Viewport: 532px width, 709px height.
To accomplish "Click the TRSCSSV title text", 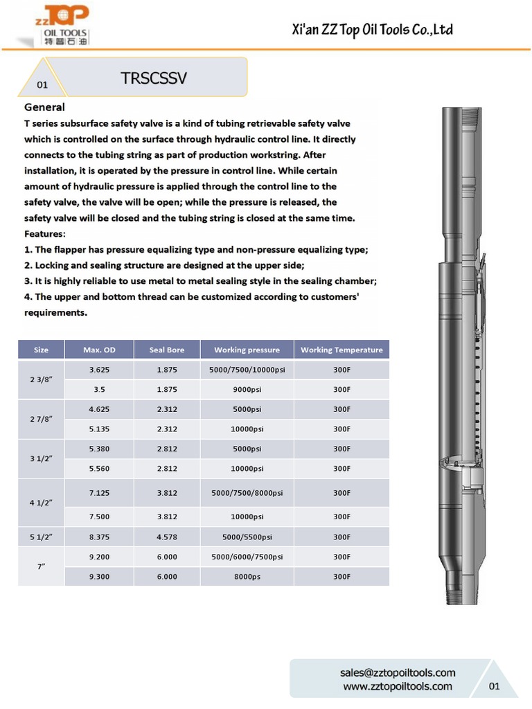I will [154, 78].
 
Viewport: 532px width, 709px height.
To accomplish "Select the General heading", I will [44, 107].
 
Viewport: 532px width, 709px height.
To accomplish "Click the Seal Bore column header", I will [167, 350].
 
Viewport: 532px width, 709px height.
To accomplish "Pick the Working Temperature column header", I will [342, 350].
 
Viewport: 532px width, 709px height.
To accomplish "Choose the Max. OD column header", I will [99, 350].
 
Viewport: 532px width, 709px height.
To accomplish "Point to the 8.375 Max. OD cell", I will [99, 537].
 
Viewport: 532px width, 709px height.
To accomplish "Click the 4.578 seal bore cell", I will [167, 537].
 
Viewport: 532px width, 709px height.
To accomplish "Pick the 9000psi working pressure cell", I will [247, 389].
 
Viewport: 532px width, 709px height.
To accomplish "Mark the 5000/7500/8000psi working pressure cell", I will [247, 493].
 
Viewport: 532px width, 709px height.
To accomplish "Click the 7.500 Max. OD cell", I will [99, 517].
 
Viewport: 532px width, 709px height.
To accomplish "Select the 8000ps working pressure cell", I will [247, 576].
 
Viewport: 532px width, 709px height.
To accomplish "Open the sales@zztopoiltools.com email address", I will [398, 672].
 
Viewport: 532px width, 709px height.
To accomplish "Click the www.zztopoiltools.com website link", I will [398, 686].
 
